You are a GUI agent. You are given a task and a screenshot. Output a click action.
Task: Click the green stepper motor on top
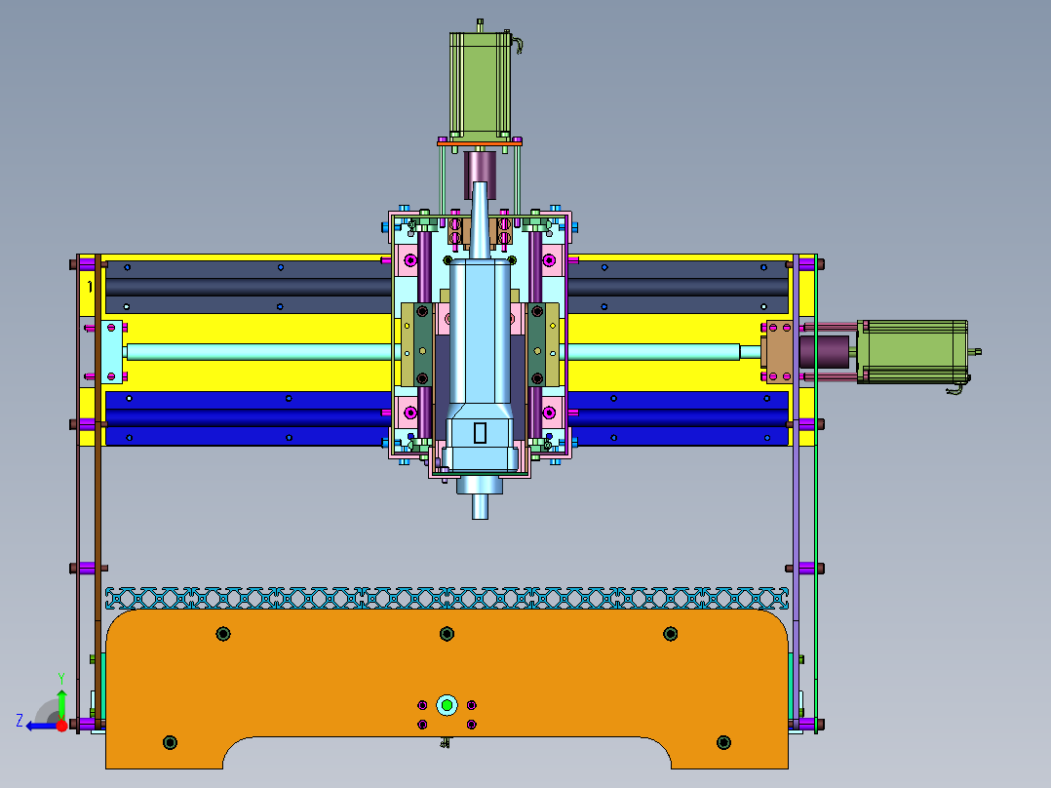point(480,84)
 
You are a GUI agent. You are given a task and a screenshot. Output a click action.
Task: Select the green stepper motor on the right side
point(913,351)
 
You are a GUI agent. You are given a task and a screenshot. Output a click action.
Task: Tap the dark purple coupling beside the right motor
point(824,351)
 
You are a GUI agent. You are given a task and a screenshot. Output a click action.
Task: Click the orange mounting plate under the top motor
point(480,142)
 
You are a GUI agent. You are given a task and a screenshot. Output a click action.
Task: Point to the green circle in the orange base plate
point(448,705)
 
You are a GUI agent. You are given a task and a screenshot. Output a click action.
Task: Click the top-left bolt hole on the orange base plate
point(223,634)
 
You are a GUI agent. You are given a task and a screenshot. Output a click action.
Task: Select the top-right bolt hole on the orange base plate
point(671,634)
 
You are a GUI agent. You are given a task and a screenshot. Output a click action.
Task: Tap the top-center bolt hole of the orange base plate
point(448,634)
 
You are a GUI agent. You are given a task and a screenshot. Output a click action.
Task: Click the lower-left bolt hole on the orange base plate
point(171,742)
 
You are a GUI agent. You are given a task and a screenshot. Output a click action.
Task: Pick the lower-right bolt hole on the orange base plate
point(723,742)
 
